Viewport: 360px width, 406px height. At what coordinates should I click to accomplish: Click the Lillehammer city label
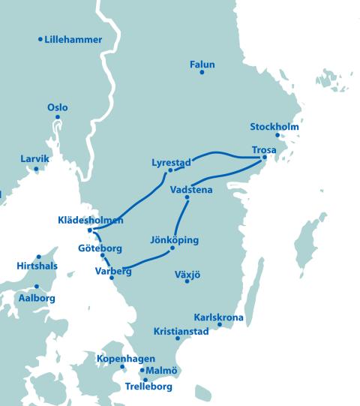pos(73,40)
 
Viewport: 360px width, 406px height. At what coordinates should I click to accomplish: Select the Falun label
pos(202,65)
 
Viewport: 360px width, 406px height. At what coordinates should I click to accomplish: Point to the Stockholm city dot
pos(277,136)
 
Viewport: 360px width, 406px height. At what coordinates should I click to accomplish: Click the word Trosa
pos(264,150)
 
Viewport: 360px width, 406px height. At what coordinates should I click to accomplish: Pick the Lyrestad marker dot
pos(170,170)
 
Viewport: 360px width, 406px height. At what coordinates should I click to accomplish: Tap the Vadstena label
pos(191,190)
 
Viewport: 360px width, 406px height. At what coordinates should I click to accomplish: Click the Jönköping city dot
pos(172,248)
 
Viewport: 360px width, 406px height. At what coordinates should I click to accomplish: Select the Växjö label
pos(187,274)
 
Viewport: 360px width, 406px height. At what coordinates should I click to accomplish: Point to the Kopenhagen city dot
pos(122,367)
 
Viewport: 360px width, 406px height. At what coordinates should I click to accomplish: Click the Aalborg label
pos(36,298)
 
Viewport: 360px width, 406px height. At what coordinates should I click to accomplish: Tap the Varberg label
pos(113,271)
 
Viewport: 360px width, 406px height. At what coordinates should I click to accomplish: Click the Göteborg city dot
pos(103,256)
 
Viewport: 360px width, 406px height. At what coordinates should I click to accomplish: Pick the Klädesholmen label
pos(89,220)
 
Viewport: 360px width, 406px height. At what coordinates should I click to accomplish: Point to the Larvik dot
pos(36,169)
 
